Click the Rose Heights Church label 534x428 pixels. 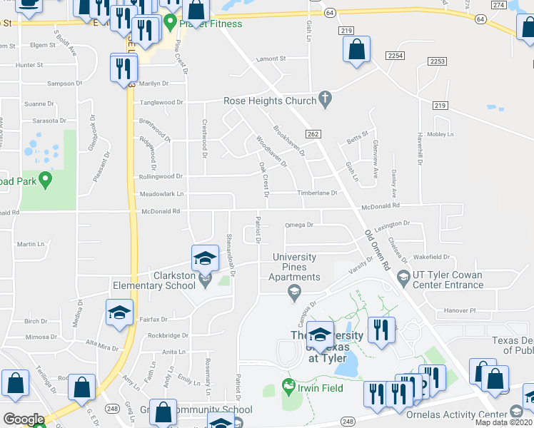coord(270,101)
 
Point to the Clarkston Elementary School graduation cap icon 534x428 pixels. coord(205,258)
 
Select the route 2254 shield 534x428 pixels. coord(396,55)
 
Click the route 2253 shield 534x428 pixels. coord(438,61)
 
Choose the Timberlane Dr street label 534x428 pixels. coord(317,193)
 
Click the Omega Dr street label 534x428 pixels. coord(299,225)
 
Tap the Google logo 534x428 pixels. coord(24,419)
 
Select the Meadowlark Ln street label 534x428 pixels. coord(161,193)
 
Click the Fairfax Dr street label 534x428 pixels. coord(154,319)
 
